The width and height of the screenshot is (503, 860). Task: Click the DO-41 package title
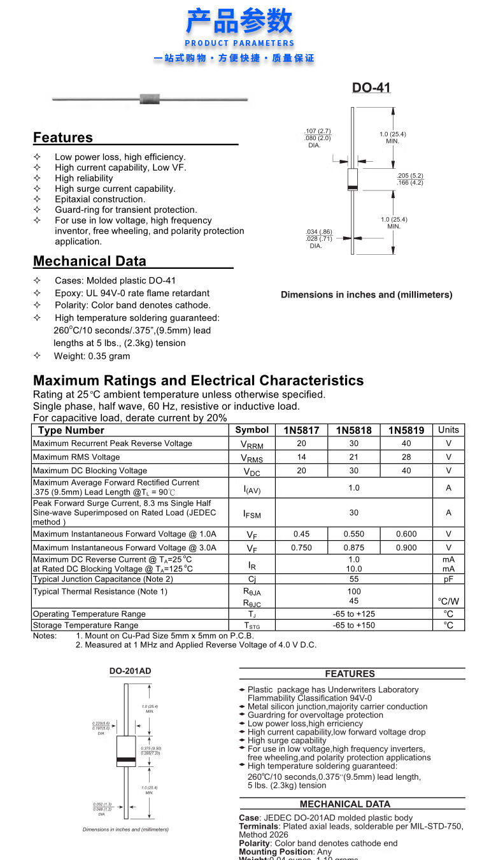371,88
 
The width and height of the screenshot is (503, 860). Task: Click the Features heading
63,138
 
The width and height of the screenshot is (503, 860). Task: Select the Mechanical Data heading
90,261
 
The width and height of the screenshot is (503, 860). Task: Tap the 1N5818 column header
353,430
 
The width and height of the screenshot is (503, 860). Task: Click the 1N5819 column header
406,430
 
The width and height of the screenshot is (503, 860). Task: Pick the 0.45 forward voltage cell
301,534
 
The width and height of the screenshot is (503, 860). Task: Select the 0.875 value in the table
353,547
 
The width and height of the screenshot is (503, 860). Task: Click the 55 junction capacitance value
353,579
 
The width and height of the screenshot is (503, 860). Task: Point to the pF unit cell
448,579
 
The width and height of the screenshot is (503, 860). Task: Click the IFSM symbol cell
252,513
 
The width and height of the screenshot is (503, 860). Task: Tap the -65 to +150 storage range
353,625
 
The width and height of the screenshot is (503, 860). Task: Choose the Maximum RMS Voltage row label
76,457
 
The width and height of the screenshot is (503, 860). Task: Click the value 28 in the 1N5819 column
406,457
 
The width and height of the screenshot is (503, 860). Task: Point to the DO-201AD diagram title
130,671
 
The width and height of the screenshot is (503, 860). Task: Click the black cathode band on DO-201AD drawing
126,760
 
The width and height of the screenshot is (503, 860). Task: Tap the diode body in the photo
150,99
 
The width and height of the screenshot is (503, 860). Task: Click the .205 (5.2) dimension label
410,176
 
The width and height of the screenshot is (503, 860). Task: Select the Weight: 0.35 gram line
92,356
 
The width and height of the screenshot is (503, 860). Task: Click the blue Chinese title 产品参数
239,22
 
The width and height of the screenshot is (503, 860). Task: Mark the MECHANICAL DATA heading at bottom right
344,804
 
